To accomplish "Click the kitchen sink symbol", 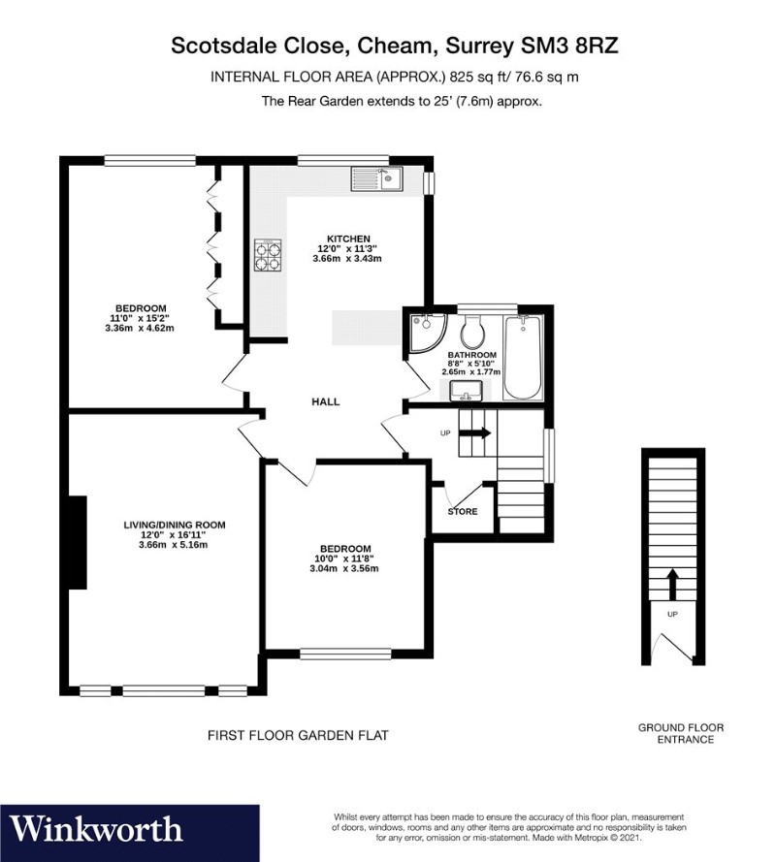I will click(378, 177).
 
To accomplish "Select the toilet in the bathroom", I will click(473, 333).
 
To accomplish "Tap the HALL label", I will click(325, 401).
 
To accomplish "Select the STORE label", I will click(463, 511).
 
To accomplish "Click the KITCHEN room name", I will click(347, 239).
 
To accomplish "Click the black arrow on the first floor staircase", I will click(480, 432).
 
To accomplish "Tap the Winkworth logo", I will click(98, 829).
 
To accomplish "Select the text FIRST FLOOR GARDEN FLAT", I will click(299, 736).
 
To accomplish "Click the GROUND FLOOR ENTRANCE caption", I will click(680, 733).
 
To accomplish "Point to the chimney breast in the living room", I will click(77, 542).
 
